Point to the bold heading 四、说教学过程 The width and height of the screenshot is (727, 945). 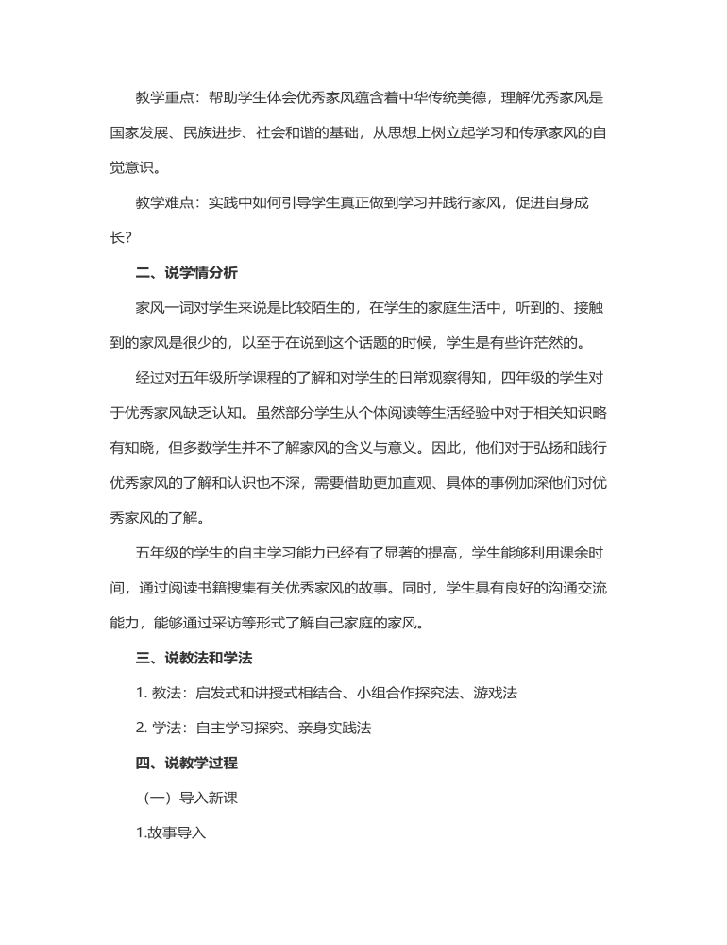187,762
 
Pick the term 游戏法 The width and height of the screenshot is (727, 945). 497,693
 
